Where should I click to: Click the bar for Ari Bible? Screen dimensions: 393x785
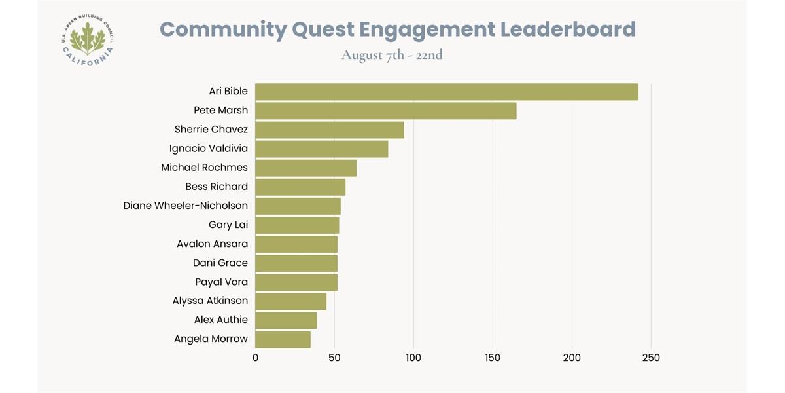446,92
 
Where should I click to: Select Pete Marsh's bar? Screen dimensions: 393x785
385,111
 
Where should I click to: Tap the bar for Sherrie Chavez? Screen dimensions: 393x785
329,130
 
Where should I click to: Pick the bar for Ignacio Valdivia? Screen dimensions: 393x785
321,149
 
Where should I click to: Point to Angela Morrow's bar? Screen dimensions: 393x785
283,339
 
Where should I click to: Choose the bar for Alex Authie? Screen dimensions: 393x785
286,320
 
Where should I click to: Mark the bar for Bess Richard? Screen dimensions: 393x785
300,187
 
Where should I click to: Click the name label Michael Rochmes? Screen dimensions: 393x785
204,168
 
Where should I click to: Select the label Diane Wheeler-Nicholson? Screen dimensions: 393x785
185,206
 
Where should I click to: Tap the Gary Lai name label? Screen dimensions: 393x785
228,225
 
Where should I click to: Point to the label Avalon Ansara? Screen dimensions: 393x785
212,244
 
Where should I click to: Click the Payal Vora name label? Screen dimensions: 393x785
221,282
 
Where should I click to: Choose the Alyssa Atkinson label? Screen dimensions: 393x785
210,301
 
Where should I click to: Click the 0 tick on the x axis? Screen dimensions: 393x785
255,358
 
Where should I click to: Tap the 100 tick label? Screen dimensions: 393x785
413,358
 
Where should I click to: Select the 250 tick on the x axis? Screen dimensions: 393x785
651,358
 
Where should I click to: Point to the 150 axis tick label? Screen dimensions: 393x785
493,358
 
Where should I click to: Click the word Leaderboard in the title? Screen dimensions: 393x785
568,29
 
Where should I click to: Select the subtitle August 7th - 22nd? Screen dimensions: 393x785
392,55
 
